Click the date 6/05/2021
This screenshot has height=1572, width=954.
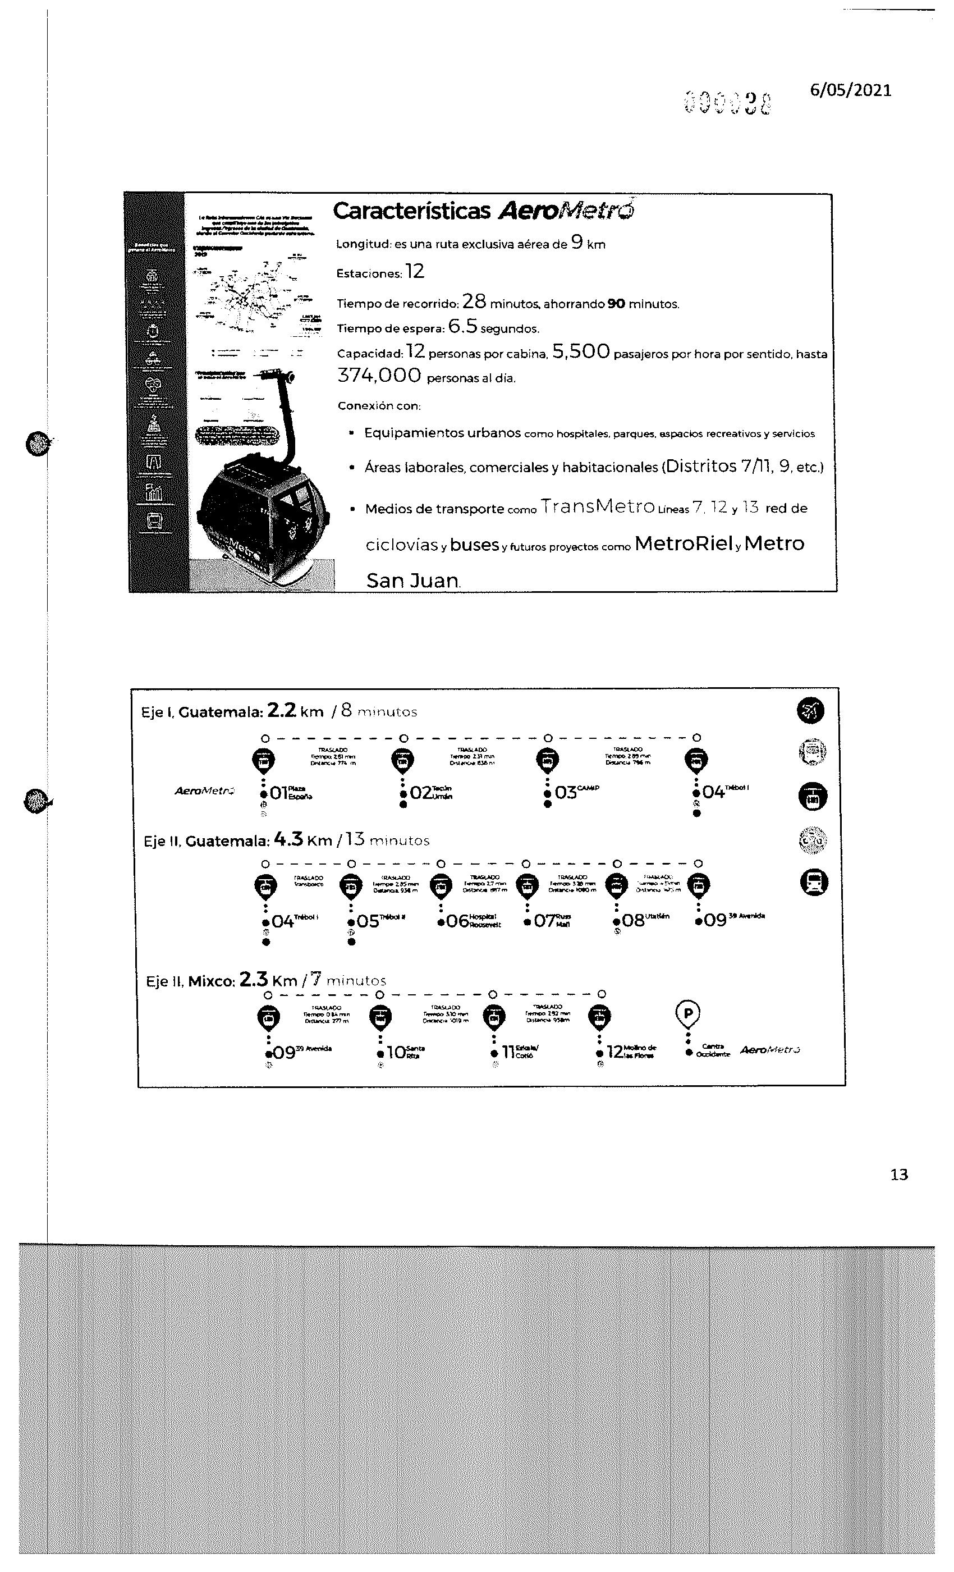click(850, 90)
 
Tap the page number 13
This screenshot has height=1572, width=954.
click(898, 1175)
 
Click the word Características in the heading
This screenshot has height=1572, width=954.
click(411, 211)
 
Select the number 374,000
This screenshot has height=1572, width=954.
click(379, 376)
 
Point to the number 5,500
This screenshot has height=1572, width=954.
click(581, 351)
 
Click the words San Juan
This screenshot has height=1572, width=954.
click(412, 581)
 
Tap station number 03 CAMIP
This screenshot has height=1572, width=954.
click(566, 792)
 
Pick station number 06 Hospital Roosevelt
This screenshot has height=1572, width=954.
click(457, 921)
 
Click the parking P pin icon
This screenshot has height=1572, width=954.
click(687, 1015)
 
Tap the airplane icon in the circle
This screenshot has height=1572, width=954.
click(810, 710)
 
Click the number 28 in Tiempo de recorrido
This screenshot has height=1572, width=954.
click(474, 302)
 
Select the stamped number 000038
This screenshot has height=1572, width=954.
click(726, 102)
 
